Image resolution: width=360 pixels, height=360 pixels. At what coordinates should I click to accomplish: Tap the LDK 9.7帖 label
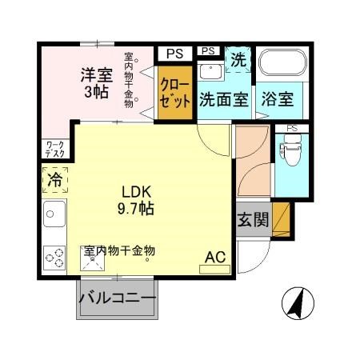coord(138,200)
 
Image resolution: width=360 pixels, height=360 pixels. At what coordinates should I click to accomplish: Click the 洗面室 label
coord(224,101)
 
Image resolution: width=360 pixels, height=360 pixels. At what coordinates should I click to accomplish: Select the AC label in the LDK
coord(215,257)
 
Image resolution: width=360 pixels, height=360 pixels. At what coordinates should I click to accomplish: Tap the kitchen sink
coord(54,214)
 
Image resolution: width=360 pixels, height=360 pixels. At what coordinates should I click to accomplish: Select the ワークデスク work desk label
coord(56,149)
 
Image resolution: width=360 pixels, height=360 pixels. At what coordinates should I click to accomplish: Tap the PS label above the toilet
coord(291,127)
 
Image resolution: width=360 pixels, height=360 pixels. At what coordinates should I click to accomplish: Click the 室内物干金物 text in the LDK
coord(119,250)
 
